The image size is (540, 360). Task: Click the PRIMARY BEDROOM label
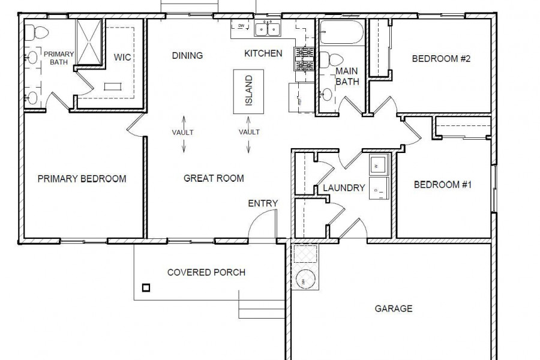pos(82,179)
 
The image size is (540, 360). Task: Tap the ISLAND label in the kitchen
pos(248,91)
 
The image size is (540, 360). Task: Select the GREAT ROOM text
pos(214,178)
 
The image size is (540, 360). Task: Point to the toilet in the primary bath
pos(37,32)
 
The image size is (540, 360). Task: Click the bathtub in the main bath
pos(341,32)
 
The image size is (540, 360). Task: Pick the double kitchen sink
pos(268,28)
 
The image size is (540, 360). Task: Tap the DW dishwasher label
pos(241,25)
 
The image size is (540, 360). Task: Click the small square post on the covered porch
pos(146,287)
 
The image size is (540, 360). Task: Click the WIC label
pos(122,57)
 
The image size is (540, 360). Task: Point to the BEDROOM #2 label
pos(441,59)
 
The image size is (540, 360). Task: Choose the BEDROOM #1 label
pos(443,185)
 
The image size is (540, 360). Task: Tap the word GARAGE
pos(394,308)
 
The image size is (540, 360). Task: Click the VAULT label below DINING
pos(183,132)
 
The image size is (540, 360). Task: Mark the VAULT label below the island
pos(249,132)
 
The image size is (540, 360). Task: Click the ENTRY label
pos(263,203)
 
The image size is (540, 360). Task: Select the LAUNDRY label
pos(344,188)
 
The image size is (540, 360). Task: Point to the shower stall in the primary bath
pos(89,41)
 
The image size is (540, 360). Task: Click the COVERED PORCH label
pos(206,272)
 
